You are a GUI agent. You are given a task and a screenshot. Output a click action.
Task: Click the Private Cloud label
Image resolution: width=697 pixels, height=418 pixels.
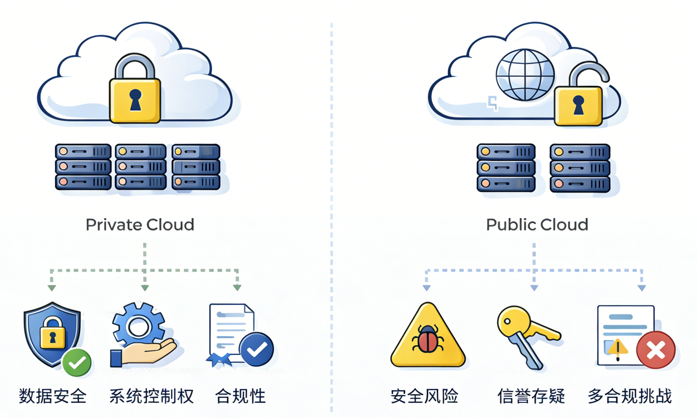pyautogui.click(x=140, y=225)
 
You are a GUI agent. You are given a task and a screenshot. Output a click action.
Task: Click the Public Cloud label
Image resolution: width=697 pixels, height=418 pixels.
pyautogui.click(x=537, y=225)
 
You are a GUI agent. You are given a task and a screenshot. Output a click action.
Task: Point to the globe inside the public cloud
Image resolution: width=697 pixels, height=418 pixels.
pyautogui.click(x=525, y=75)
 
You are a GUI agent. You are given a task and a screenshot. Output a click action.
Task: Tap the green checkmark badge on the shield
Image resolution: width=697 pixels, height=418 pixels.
pyautogui.click(x=77, y=363)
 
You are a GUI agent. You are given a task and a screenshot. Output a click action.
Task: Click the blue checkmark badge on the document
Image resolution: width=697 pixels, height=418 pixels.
pyautogui.click(x=256, y=350)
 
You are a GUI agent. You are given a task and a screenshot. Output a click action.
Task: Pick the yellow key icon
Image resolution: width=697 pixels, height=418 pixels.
pyautogui.click(x=526, y=334)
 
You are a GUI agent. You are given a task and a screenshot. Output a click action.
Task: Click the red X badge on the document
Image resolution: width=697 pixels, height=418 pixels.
pyautogui.click(x=655, y=350)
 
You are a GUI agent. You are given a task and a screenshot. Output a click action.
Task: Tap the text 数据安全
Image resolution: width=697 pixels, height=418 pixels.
pyautogui.click(x=53, y=396)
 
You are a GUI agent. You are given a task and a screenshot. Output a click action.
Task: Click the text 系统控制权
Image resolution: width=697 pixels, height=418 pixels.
pyautogui.click(x=151, y=396)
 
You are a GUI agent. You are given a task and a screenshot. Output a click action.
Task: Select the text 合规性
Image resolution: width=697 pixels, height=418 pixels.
pyautogui.click(x=240, y=396)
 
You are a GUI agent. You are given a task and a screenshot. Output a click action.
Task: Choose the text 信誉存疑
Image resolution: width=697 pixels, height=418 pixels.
pyautogui.click(x=531, y=396)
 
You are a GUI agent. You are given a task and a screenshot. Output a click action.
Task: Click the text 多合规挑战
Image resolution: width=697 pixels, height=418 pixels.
pyautogui.click(x=630, y=396)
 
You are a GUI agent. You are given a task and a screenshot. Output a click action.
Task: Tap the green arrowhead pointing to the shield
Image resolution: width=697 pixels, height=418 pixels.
pyautogui.click(x=52, y=288)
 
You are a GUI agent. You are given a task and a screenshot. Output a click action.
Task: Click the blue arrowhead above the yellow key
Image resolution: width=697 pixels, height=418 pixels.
pyautogui.click(x=534, y=288)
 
